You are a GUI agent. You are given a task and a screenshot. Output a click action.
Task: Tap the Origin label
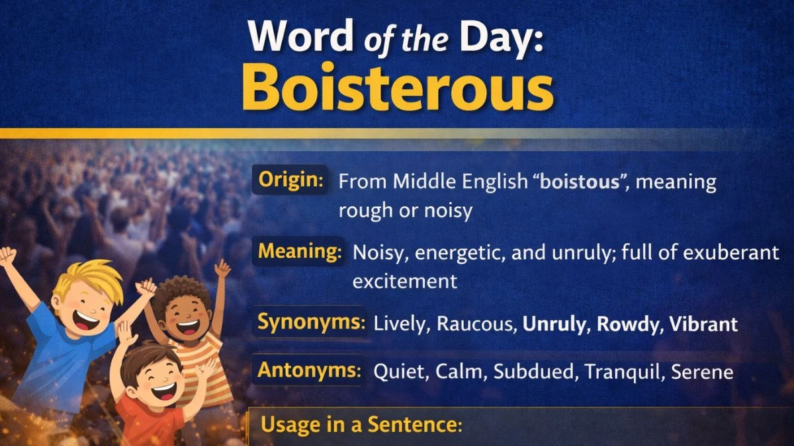[290, 180]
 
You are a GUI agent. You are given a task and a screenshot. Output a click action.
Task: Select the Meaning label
[300, 252]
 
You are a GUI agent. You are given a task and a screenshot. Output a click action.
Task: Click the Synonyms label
[311, 323]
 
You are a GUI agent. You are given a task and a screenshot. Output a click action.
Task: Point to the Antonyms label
[309, 371]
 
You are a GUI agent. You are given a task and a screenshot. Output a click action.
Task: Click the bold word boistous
[580, 182]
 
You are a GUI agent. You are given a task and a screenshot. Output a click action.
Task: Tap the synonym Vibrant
[703, 324]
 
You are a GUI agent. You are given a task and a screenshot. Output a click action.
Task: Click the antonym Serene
[702, 372]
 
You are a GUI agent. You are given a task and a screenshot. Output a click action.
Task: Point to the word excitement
[404, 281]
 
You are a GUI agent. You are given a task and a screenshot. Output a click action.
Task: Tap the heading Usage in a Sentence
[361, 425]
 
